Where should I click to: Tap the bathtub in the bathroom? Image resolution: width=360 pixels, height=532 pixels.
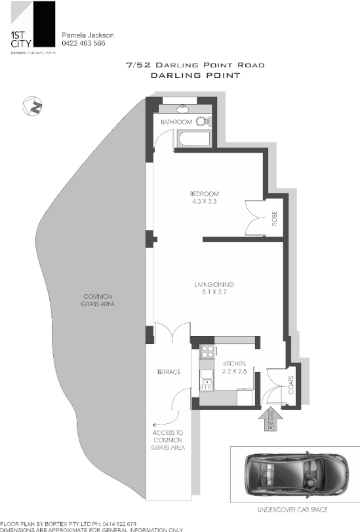pyautogui.click(x=192, y=139)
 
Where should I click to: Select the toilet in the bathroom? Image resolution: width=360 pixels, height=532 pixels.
pyautogui.click(x=204, y=121)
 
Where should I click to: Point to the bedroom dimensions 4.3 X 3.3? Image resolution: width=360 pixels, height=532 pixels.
pyautogui.click(x=204, y=202)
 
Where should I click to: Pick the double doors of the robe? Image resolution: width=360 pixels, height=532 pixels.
pyautogui.click(x=253, y=216)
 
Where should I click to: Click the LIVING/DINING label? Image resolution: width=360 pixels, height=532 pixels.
pyautogui.click(x=214, y=284)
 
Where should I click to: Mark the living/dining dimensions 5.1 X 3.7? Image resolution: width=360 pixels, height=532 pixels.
pyautogui.click(x=214, y=292)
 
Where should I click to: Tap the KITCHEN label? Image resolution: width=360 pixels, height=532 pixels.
pyautogui.click(x=235, y=363)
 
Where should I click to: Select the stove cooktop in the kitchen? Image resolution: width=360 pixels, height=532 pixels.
pyautogui.click(x=207, y=351)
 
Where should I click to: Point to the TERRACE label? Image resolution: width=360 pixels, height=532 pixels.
pyautogui.click(x=169, y=372)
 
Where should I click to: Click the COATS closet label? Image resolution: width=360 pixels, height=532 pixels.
pyautogui.click(x=290, y=387)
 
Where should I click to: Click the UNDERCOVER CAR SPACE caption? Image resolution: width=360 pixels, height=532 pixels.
pyautogui.click(x=292, y=509)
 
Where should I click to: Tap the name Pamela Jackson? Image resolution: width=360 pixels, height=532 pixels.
pyautogui.click(x=87, y=35)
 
